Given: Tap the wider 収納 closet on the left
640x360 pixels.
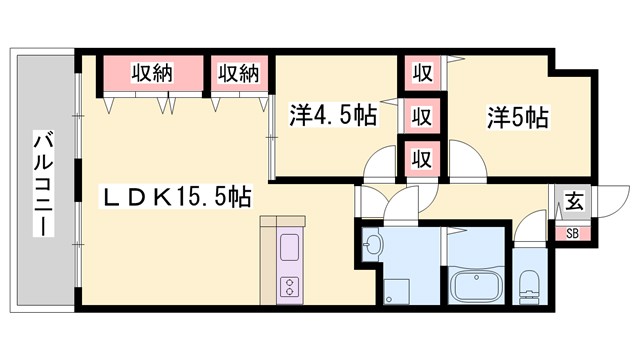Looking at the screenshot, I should click(x=151, y=74).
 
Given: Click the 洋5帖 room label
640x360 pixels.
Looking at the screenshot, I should click(x=517, y=116).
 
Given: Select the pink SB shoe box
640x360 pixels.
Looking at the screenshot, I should click(x=573, y=234).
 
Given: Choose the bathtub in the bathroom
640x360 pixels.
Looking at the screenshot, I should click(x=477, y=287).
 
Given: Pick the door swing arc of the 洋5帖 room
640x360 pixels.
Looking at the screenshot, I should click(x=466, y=160).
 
